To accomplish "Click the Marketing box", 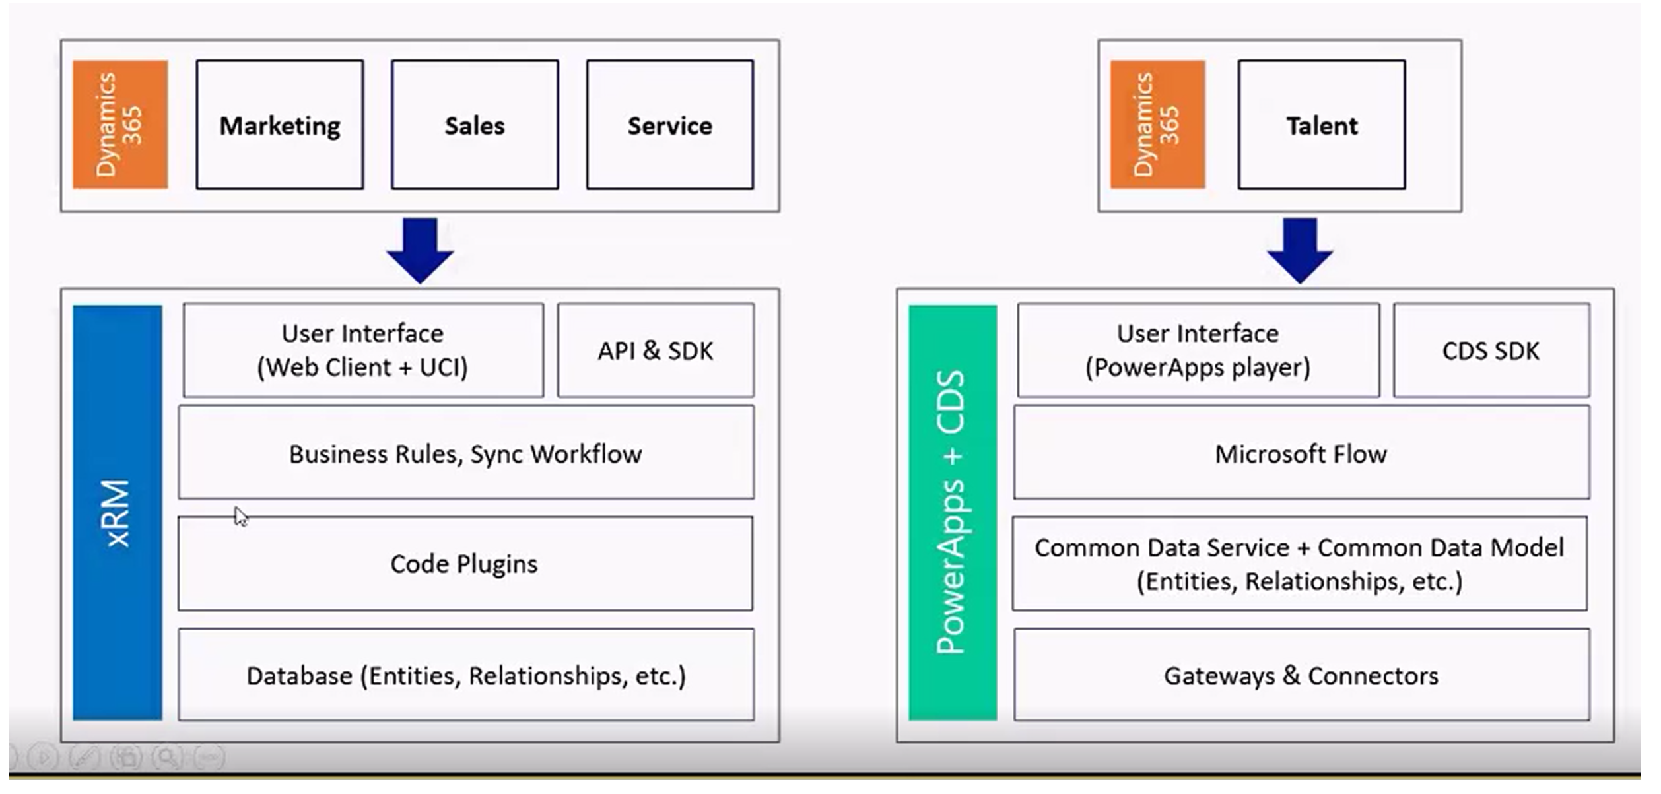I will coord(279,125).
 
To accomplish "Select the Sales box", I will coord(474,125).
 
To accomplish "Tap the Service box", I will coord(669,125).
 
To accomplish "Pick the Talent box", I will coord(1321,125).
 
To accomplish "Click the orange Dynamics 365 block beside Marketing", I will coord(119,125).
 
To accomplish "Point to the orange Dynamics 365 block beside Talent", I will coord(1157,125).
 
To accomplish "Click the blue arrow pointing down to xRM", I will coord(420,249).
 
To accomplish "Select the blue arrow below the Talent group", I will coord(1299,249).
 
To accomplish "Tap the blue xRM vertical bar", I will coord(118,512).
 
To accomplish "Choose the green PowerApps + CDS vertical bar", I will coord(952,512).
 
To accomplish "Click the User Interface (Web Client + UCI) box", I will coord(363,350).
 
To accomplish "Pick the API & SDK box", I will coord(656,350).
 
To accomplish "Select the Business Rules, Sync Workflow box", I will coord(465,453).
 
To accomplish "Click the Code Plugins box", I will coord(465,564).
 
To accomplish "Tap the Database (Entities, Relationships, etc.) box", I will coord(465,675).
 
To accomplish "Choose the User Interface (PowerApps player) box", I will coord(1198,350).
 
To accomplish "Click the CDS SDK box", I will coord(1491,350).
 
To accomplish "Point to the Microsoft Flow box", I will coord(1301,453).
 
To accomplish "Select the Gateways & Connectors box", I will coord(1301,675).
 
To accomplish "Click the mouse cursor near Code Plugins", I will coord(240,516).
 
